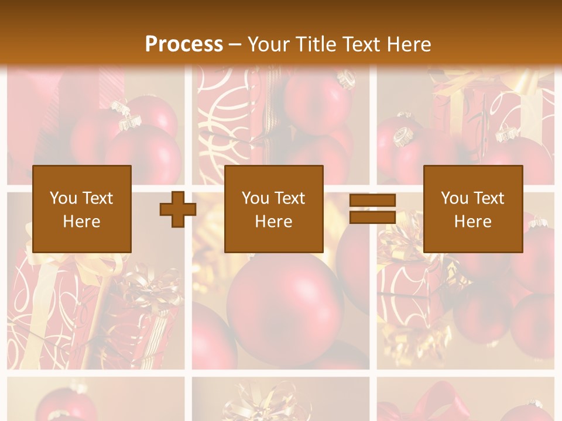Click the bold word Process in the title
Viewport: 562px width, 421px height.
coord(184,44)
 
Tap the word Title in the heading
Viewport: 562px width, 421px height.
coord(316,44)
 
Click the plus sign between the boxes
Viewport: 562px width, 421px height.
coord(178,209)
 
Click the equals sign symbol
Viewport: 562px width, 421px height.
coord(372,209)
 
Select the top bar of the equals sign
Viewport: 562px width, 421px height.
coord(372,201)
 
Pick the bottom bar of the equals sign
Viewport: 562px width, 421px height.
coord(372,217)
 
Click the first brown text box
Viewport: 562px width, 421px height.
coord(81,209)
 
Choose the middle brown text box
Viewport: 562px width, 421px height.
coord(273,209)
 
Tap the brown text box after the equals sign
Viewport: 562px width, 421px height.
coord(472,209)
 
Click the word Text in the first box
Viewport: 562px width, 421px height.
coord(97,198)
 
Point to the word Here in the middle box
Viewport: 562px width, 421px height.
coord(273,222)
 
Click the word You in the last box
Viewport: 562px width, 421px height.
coord(454,198)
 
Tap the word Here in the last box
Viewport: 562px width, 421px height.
coord(472,222)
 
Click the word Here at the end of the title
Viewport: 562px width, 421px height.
coord(409,44)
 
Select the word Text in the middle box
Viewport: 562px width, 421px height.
coord(289,198)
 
